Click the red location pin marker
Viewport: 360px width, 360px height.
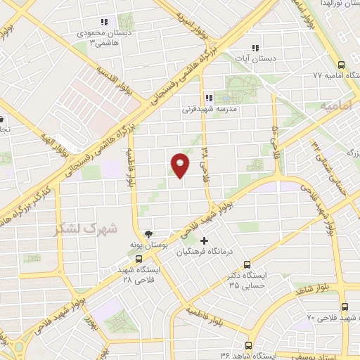click(x=180, y=165)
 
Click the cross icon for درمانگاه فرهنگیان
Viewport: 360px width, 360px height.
click(x=205, y=242)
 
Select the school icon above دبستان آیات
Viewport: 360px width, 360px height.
click(x=255, y=49)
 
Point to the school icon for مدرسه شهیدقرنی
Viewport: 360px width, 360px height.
click(x=207, y=98)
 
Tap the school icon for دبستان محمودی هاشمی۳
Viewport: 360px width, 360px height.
click(x=105, y=22)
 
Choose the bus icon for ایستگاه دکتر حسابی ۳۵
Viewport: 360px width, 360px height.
click(x=246, y=264)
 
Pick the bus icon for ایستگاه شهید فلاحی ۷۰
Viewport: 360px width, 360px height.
click(x=344, y=307)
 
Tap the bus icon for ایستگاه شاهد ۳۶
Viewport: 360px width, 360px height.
click(x=249, y=345)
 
